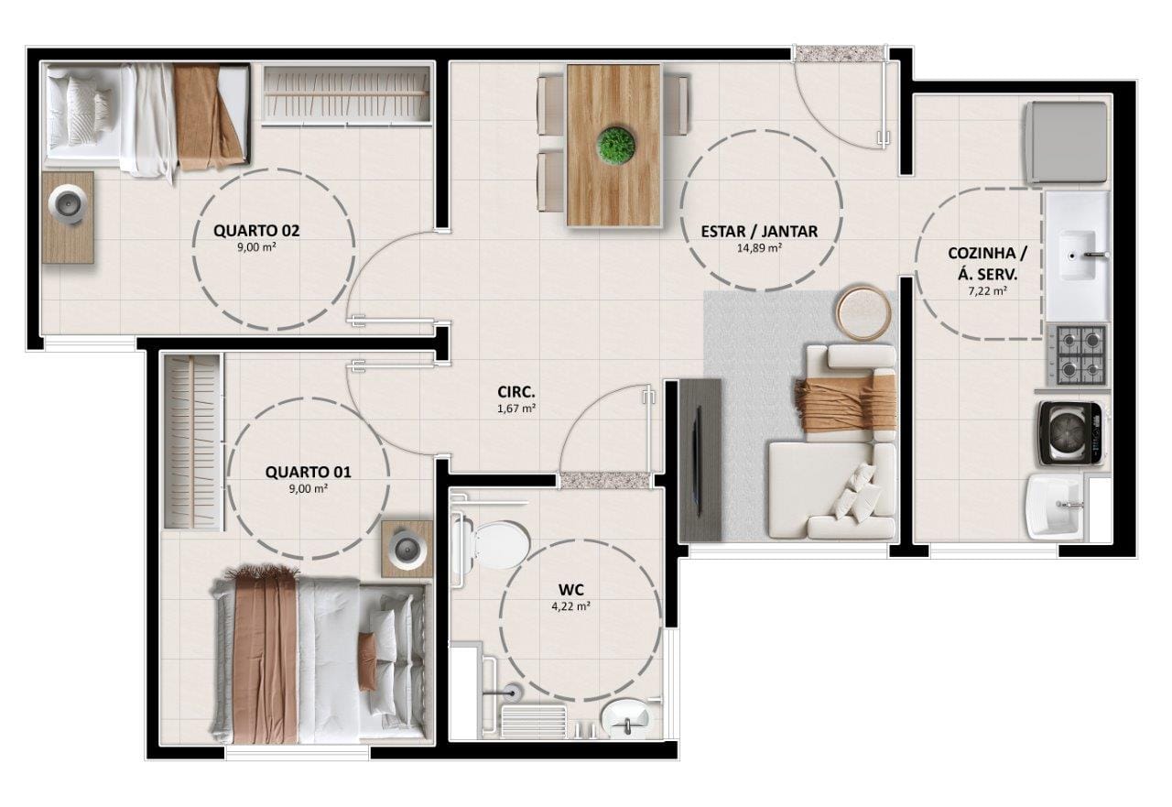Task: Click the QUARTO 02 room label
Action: click(x=256, y=231)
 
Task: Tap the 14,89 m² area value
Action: click(x=760, y=248)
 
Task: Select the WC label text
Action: click(x=571, y=590)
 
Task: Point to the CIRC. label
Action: click(x=515, y=392)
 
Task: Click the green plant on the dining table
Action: click(x=616, y=144)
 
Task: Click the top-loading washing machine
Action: click(x=1071, y=433)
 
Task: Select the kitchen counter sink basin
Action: click(x=1078, y=256)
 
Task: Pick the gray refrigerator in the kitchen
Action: click(x=1068, y=143)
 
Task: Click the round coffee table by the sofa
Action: click(x=863, y=313)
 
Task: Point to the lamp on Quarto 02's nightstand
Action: click(x=68, y=202)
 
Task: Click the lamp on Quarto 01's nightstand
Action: click(x=408, y=549)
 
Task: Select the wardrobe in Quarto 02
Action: click(x=347, y=94)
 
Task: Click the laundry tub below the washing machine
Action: click(x=1056, y=507)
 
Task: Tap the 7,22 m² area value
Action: click(x=987, y=291)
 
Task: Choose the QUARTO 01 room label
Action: click(x=309, y=472)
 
